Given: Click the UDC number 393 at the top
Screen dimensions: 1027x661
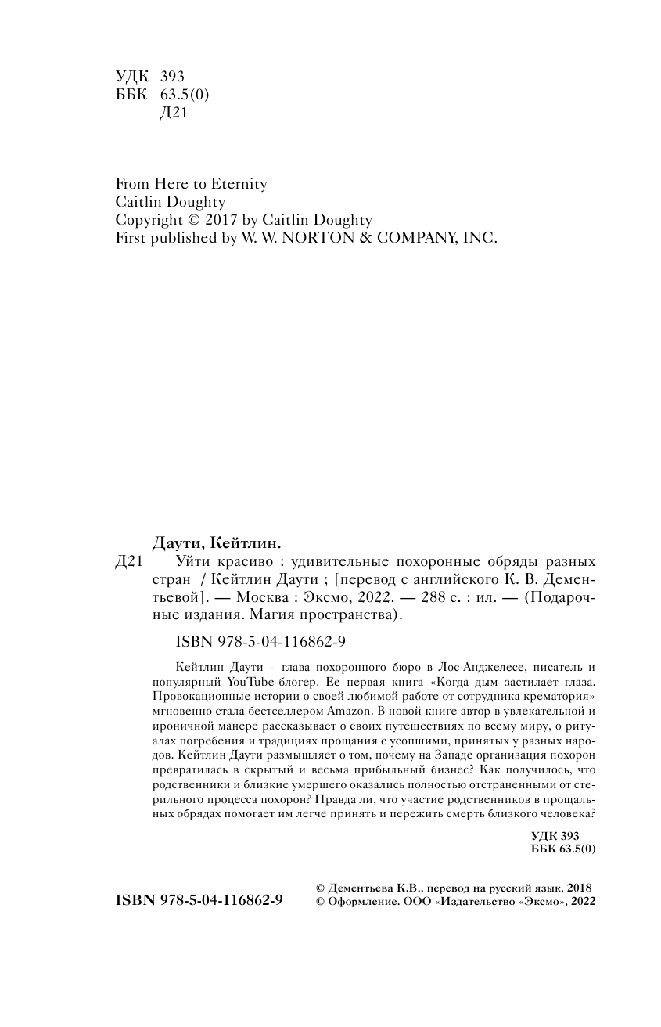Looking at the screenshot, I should (x=171, y=77).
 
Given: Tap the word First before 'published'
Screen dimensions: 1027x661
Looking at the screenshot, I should (x=129, y=239).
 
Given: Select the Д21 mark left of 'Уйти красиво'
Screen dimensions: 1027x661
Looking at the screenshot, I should (x=128, y=562).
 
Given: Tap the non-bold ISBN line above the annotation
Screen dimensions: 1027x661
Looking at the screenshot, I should (x=250, y=642).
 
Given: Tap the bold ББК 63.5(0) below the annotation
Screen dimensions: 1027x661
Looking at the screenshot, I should (x=562, y=849).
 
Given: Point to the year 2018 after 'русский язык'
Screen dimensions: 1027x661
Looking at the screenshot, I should (x=578, y=888).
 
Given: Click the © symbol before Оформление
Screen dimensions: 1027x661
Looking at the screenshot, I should (x=319, y=902).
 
